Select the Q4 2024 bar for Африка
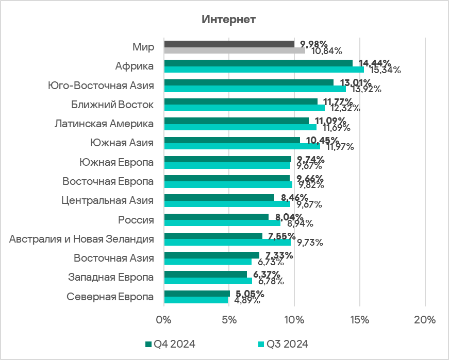[258, 63]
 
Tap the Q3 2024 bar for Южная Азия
[242, 146]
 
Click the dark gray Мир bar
[229, 44]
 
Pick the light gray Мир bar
[235, 50]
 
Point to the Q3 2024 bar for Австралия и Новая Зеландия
[227, 243]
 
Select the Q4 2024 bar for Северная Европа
[196, 294]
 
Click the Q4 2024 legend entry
[170, 344]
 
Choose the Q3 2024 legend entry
[283, 344]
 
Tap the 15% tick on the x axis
[360, 320]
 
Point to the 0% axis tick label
[164, 320]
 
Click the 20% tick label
[425, 320]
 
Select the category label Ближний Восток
[112, 105]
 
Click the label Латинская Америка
[104, 124]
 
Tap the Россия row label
[136, 220]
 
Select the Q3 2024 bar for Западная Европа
[208, 281]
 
